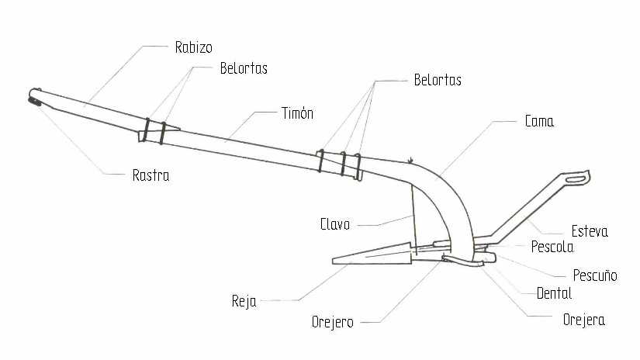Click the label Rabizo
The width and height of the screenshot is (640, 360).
193,47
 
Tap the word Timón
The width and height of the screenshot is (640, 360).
298,113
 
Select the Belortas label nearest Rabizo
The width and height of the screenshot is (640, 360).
244,68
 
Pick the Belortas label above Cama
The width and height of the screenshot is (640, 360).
438,80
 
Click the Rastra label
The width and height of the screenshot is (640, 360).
150,175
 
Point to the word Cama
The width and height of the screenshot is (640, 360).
539,121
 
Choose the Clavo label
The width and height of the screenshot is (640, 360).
335,224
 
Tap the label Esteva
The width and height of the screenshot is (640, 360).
590,231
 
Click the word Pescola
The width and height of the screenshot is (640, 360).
552,247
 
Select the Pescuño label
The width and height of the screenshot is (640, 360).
595,275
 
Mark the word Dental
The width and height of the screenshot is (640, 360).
554,293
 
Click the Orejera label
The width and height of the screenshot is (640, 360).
583,320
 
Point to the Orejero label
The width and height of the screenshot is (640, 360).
332,323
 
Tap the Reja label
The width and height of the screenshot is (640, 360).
244,302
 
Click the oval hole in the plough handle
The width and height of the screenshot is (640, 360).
576,178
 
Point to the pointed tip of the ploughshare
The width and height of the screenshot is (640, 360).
333,261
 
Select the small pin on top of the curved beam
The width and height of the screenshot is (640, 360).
410,161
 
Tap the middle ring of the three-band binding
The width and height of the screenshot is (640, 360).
343,164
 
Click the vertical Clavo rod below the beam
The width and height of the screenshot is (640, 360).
414,220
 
